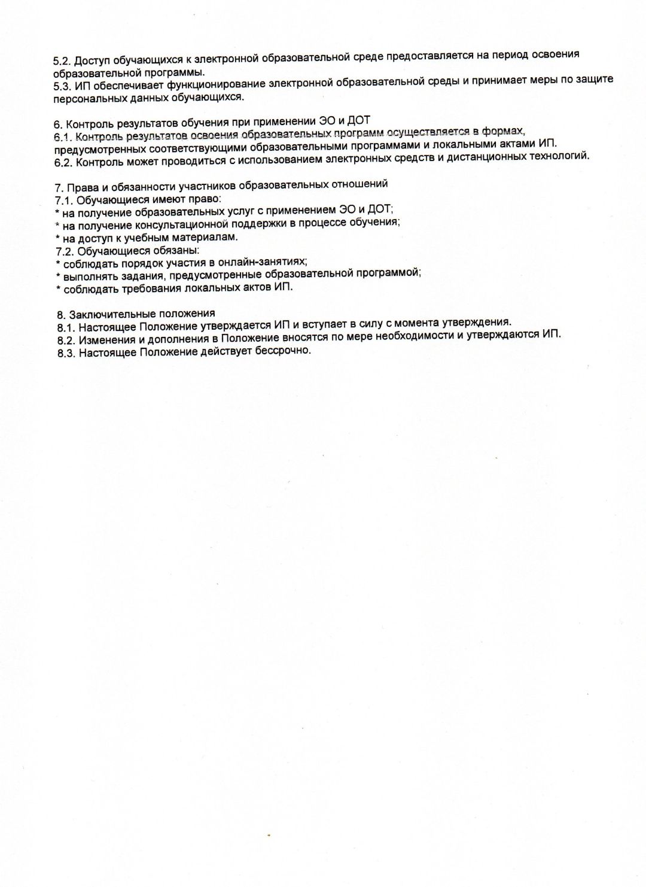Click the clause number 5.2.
pos(62,60)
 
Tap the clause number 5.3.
pos(62,86)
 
